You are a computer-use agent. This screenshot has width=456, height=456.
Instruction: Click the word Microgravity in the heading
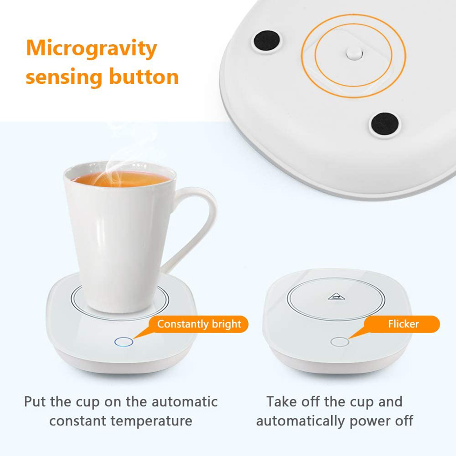(91, 49)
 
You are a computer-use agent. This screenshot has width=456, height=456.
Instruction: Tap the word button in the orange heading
(143, 76)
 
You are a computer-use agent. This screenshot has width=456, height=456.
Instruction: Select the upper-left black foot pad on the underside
(266, 41)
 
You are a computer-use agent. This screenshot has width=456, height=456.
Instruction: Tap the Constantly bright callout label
(199, 324)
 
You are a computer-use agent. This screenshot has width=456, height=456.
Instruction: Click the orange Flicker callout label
(403, 324)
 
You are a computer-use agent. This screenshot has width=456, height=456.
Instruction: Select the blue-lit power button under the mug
(124, 342)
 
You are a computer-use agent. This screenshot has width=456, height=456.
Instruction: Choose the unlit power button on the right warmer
(339, 342)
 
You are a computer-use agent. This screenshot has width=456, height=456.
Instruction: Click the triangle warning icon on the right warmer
(336, 297)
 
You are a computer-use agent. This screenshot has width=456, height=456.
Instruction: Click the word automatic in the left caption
(184, 402)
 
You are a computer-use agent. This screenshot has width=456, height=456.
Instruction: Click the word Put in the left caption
(35, 402)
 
